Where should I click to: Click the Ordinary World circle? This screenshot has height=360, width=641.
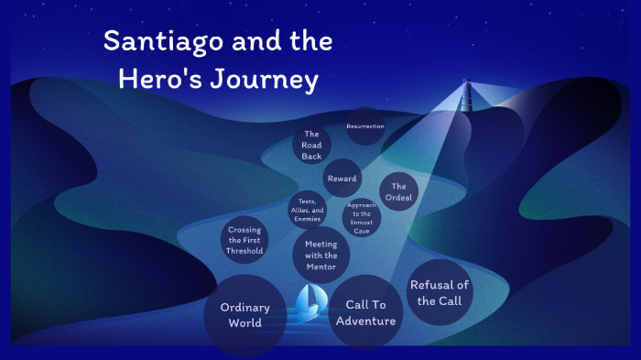pyautogui.click(x=245, y=315)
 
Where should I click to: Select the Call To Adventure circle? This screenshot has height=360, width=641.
pyautogui.click(x=365, y=312)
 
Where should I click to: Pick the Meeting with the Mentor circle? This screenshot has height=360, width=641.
pyautogui.click(x=320, y=255)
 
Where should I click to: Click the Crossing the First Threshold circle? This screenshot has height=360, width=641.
pyautogui.click(x=245, y=239)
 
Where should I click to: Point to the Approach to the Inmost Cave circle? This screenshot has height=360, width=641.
pyautogui.click(x=362, y=218)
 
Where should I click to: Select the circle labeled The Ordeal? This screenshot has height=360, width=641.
pyautogui.click(x=398, y=191)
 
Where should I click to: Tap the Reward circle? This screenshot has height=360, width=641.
pyautogui.click(x=342, y=178)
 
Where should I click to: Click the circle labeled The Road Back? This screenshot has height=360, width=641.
pyautogui.click(x=311, y=145)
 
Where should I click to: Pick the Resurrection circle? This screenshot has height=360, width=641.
pyautogui.click(x=364, y=125)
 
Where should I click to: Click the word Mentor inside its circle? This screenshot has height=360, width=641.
pyautogui.click(x=320, y=267)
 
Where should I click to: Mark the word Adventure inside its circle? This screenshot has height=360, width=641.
pyautogui.click(x=365, y=321)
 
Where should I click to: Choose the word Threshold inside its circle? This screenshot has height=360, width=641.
pyautogui.click(x=245, y=250)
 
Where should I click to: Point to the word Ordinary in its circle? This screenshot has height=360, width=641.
pyautogui.click(x=245, y=308)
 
